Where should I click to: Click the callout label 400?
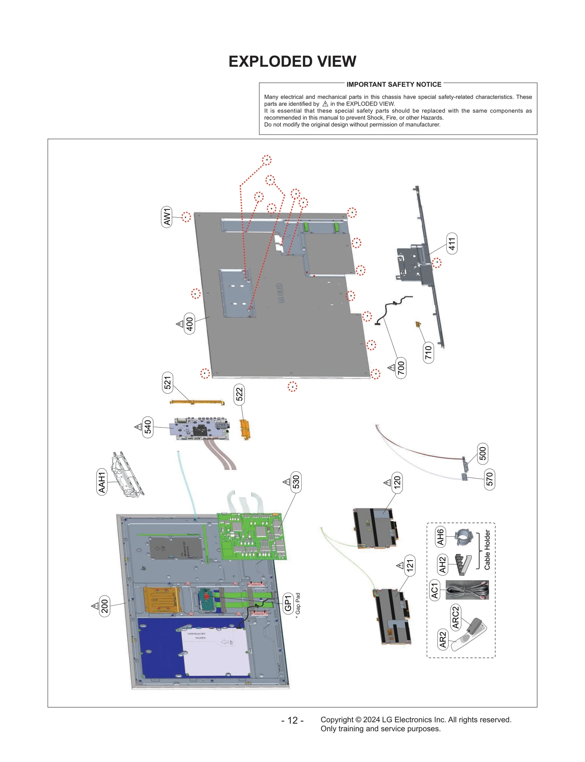(189, 323)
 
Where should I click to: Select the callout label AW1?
(167, 217)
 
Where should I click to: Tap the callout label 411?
(452, 243)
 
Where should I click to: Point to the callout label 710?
(428, 352)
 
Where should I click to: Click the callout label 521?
(167, 382)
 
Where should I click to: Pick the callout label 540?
(148, 427)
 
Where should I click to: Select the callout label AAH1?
(102, 482)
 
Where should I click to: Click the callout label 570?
(489, 479)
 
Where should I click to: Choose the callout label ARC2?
(456, 617)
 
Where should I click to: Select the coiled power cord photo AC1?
(467, 589)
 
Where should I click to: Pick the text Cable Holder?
(487, 550)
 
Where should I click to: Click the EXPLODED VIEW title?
(292, 61)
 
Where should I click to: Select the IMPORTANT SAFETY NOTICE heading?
(393, 84)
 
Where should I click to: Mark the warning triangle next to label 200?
(95, 606)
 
